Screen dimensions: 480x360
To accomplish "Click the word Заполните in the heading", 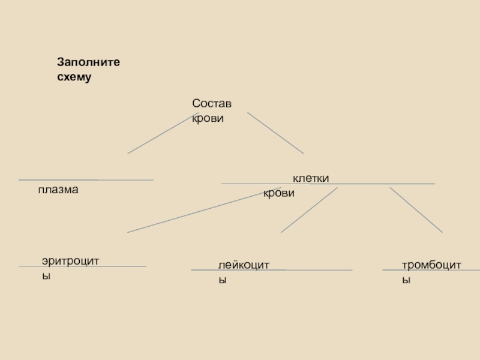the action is [x=89, y=62].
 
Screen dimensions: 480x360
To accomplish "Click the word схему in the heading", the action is [x=74, y=77].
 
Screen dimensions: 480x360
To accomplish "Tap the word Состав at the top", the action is [x=212, y=104].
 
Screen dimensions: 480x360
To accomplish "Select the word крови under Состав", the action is [x=208, y=118].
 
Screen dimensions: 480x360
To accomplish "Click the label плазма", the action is [x=58, y=190].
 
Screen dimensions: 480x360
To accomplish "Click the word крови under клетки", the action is [x=278, y=194].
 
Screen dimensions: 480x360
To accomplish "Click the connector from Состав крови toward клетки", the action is [x=275, y=133].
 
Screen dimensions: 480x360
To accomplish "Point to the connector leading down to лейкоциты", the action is [x=309, y=210].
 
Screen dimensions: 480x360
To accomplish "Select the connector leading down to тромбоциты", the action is [x=416, y=209].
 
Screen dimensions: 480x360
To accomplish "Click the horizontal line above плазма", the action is [x=86, y=180].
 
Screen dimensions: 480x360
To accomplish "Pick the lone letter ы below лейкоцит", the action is [x=222, y=280].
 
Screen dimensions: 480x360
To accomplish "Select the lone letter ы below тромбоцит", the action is [x=406, y=280].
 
